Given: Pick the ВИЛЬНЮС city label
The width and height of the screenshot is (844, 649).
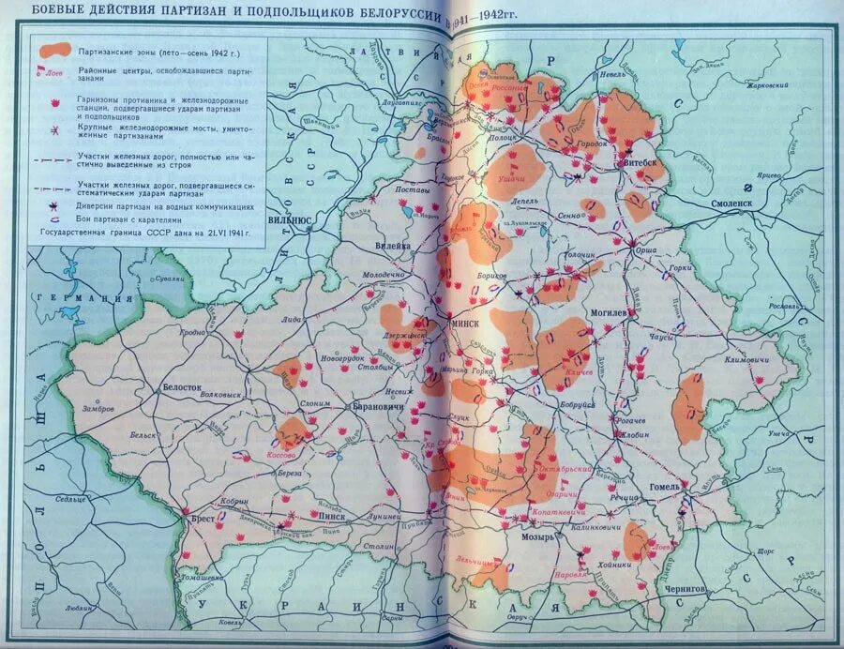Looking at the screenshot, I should (289, 219).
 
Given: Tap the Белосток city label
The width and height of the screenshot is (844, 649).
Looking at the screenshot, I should (182, 386).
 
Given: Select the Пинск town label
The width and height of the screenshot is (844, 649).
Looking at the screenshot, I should (331, 516).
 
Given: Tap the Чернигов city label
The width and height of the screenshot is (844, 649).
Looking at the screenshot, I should (685, 587).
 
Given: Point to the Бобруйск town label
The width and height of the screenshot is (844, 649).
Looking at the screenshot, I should (577, 404).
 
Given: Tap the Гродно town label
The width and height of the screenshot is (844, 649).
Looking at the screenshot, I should (191, 332).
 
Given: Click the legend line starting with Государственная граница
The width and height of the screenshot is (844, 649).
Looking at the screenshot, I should (144, 230).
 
